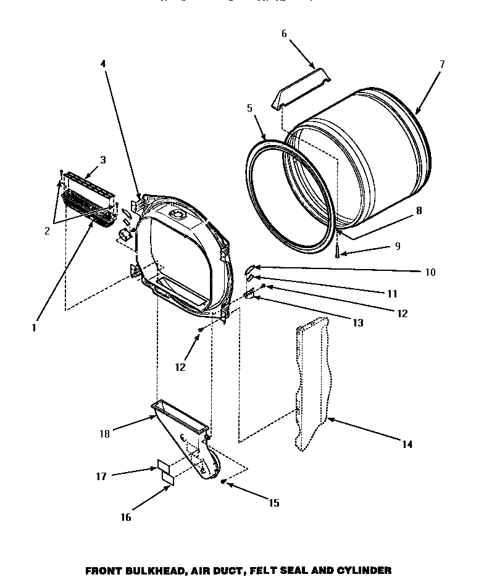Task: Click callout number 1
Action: point(35,328)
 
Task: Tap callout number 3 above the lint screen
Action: point(102,160)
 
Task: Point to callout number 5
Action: point(249,107)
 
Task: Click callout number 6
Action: point(284,34)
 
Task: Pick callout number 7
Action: point(441,64)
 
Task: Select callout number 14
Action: point(407,444)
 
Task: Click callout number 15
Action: point(273,503)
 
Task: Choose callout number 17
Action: point(101,476)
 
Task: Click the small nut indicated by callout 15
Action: point(223,480)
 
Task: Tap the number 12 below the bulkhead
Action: point(180,367)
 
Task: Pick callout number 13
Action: point(357,322)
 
